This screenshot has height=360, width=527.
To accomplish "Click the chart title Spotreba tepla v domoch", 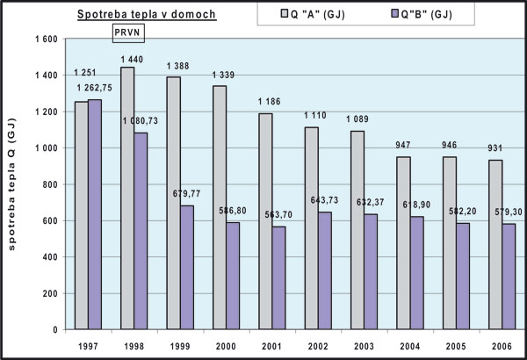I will tap(146, 15).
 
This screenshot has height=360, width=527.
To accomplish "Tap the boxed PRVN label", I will tap(129, 33).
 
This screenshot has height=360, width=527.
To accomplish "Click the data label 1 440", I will tap(127, 59).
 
